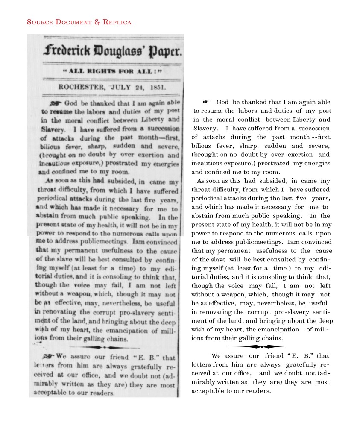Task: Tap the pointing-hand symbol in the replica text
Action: (205, 102)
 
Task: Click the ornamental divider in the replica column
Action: (256, 346)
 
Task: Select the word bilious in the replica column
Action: (202, 147)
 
